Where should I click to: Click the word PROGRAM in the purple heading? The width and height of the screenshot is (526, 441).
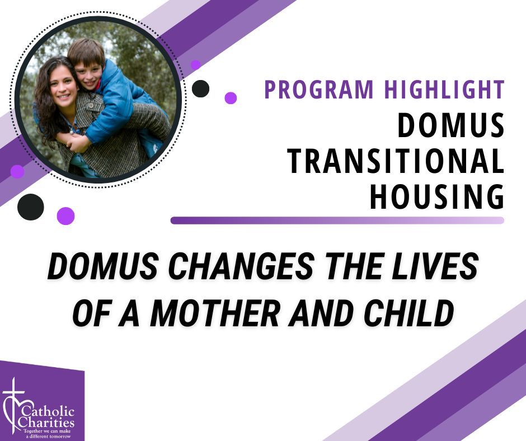[x=319, y=90]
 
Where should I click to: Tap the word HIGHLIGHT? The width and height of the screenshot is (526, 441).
[x=444, y=90]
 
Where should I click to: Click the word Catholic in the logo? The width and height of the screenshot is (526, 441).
[x=48, y=412]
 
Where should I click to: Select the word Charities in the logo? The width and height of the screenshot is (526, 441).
[x=46, y=422]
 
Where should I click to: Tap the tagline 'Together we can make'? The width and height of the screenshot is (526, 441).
[x=47, y=430]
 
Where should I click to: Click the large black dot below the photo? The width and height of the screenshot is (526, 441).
[x=31, y=207]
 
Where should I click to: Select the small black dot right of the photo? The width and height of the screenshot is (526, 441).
[x=200, y=88]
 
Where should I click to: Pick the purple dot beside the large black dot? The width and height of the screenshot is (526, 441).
[x=66, y=216]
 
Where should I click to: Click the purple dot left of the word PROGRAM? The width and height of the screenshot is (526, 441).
[x=231, y=98]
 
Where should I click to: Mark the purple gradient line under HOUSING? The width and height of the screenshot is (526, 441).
[x=337, y=220]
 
